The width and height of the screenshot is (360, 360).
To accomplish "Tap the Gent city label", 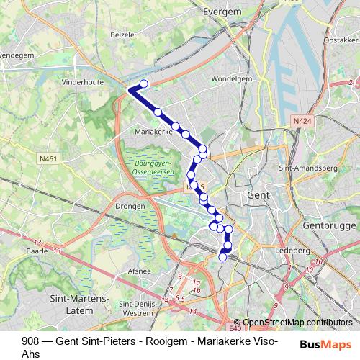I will (x=258, y=195).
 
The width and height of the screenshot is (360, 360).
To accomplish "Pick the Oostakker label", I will (x=341, y=41).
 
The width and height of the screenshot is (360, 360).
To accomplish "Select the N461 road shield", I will (x=48, y=158).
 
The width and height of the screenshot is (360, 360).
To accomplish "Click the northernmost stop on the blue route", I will (x=143, y=84).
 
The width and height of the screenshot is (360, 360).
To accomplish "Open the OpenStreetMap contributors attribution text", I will (x=298, y=323).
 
